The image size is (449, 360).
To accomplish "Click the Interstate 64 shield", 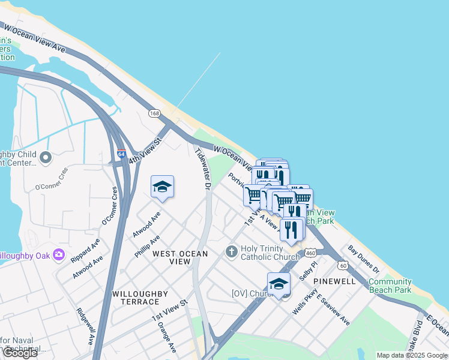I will [x=121, y=154].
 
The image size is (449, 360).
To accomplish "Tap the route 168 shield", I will [x=155, y=113].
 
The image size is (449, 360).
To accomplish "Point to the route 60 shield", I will [x=343, y=265].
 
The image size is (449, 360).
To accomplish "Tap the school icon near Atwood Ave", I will [x=162, y=188].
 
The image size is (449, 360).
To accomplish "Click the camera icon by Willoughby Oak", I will [x=59, y=254].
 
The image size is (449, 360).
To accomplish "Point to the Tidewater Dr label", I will [x=203, y=169].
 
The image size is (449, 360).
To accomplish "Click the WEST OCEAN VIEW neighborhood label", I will [x=180, y=257].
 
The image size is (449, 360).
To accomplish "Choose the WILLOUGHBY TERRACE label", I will [x=140, y=298].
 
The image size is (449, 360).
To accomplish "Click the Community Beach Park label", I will [x=390, y=286].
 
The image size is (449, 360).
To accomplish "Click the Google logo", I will [x=20, y=353].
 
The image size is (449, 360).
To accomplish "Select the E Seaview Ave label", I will [x=333, y=310].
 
